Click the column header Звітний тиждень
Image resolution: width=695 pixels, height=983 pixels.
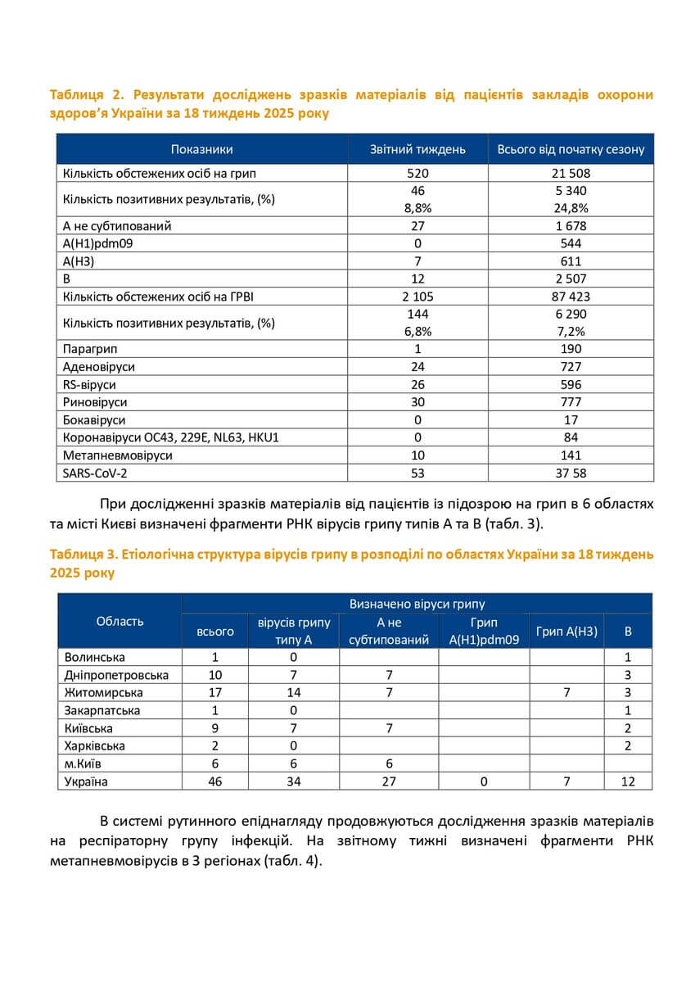[417, 149]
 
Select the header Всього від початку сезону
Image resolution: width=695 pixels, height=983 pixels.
[571, 149]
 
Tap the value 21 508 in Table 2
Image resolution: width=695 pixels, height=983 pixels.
[571, 174]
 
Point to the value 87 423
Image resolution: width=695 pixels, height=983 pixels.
[571, 296]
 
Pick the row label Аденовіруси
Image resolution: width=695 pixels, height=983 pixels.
[99, 367]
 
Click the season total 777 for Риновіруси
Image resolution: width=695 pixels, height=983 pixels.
[571, 402]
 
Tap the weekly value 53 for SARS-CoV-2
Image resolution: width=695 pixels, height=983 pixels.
[417, 473]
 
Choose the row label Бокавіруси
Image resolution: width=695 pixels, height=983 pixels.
[93, 419]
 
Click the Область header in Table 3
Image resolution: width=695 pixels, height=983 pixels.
[120, 621]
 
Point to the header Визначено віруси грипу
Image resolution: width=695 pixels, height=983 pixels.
[417, 604]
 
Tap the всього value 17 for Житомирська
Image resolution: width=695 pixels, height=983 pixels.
[215, 692]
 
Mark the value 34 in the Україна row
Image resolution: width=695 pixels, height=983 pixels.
[293, 781]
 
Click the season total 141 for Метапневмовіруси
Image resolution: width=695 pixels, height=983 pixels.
[571, 455]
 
